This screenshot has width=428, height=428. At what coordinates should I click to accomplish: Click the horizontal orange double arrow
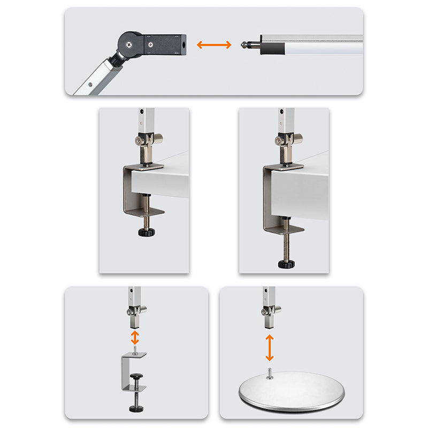[214, 45]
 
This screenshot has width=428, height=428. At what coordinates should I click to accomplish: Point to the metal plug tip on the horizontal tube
[247, 45]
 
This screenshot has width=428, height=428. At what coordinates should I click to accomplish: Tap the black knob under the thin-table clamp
[146, 232]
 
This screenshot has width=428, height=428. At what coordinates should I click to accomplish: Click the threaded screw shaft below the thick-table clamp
[287, 243]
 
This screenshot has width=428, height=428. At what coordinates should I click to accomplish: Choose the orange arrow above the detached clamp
[135, 337]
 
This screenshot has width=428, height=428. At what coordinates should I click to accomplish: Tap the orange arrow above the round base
[270, 347]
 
